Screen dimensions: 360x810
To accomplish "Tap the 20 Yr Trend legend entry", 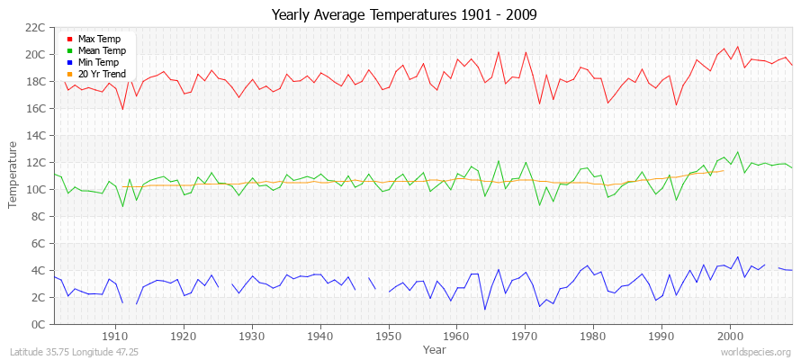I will click(x=102, y=74).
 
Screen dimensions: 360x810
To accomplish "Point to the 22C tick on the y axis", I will click(x=36, y=27).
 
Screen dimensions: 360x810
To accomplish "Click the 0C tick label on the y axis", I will click(x=40, y=324).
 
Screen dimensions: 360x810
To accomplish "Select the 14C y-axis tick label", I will click(x=36, y=135).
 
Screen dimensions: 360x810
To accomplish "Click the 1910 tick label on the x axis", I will click(x=115, y=336).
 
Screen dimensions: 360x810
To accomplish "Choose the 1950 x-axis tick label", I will click(x=388, y=336).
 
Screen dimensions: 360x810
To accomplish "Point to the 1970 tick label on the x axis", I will click(x=525, y=336).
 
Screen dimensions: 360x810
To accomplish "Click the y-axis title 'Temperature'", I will click(x=13, y=175).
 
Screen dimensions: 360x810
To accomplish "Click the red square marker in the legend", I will click(x=69, y=40).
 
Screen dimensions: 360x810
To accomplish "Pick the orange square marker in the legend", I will click(x=69, y=75).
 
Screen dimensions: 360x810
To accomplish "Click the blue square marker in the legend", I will click(x=69, y=63).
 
